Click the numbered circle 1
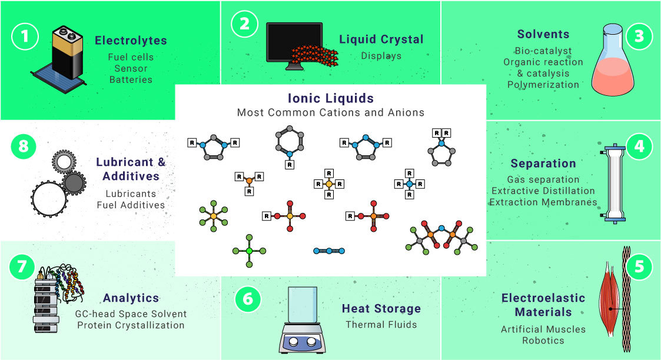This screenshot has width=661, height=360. pyautogui.click(x=25, y=36)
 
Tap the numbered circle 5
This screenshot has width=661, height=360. pyautogui.click(x=639, y=267)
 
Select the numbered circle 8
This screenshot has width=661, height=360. pyautogui.click(x=24, y=146)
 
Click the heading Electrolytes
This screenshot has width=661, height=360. pyautogui.click(x=131, y=41)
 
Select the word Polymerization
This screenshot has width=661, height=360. pyautogui.click(x=543, y=84)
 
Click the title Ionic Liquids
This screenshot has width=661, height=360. pyautogui.click(x=330, y=98)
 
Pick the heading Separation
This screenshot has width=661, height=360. pyautogui.click(x=543, y=164)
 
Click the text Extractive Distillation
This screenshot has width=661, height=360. pyautogui.click(x=543, y=191)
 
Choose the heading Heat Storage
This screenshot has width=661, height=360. pyautogui.click(x=381, y=308)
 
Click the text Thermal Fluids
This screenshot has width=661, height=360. pyautogui.click(x=381, y=325)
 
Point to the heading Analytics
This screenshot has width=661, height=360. pyautogui.click(x=131, y=298)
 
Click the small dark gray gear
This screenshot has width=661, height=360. pyautogui.click(x=74, y=184)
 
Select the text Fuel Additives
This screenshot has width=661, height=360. pyautogui.click(x=131, y=205)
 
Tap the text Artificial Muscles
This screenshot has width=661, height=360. pyautogui.click(x=543, y=329)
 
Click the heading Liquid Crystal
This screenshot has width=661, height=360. pyautogui.click(x=381, y=39)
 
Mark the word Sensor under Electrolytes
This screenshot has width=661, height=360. pyautogui.click(x=131, y=68)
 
